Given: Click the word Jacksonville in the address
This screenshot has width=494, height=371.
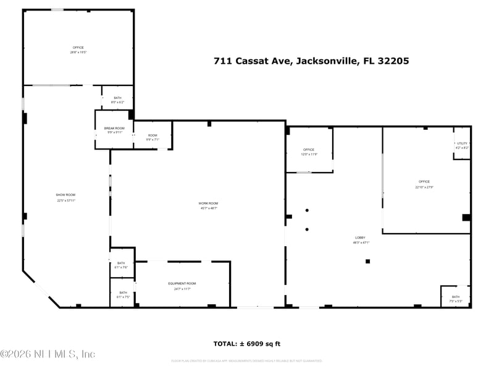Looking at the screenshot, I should click(x=325, y=61).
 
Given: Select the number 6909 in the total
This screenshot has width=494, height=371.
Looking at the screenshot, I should click(x=257, y=344).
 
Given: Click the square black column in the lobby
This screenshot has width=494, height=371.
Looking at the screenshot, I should click(x=367, y=261).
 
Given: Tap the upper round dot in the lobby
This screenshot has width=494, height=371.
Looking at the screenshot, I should click(x=307, y=210).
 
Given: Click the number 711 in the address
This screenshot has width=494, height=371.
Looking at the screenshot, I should click(x=221, y=61).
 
